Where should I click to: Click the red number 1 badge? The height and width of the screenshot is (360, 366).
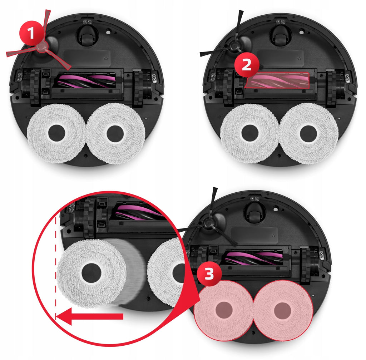coord(32,33)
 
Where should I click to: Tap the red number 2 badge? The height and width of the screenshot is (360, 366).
coord(247,64)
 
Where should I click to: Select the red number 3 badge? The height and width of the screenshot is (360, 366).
coord(209,273)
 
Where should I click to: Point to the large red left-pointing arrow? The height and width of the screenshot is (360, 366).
coord(89,316)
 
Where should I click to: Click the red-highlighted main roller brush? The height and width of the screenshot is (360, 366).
coord(277,80)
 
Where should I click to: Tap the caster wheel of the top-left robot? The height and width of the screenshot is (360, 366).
coord(87,36)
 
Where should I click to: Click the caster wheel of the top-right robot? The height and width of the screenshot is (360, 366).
coord(281,36)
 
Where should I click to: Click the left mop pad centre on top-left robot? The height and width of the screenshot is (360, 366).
coord(56,133)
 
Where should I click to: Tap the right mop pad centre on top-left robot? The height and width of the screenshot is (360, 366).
coord(115,133)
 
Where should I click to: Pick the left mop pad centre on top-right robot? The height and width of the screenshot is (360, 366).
coord(250,133)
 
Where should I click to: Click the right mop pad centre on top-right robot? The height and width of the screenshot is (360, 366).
coord(308,133)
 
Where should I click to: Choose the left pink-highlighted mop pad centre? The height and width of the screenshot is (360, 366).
coord(224,310)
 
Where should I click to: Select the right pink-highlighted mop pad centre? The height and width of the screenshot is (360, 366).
coord(282,310)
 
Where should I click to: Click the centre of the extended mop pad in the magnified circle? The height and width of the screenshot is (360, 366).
coord(91,273)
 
